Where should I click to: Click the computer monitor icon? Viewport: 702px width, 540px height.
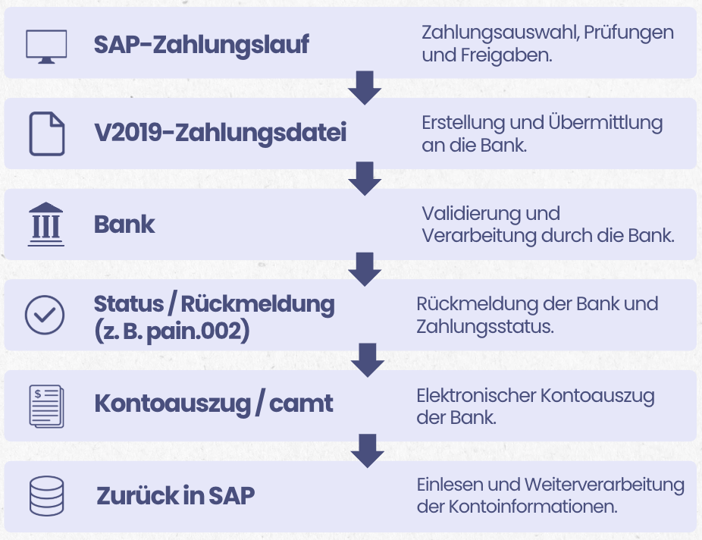46,46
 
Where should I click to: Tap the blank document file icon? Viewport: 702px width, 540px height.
46,134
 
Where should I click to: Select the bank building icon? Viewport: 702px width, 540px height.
46,224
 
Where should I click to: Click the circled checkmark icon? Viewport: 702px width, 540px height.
45,315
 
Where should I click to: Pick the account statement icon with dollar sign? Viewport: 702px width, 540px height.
46,406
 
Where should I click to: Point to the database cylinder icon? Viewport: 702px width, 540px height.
46,496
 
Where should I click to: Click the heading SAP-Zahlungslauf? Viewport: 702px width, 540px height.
201,45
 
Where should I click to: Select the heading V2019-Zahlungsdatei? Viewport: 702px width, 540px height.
221,133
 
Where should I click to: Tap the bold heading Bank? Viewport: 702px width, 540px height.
124,224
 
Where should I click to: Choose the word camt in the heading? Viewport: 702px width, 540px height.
301,403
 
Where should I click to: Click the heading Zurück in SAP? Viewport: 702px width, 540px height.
176,496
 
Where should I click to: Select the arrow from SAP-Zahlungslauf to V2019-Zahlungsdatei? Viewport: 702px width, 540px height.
365,88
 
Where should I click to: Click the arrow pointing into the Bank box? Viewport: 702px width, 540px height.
365,179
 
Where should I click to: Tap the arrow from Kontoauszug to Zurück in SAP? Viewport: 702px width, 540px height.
367,451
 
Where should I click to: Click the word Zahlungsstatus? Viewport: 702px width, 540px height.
485,327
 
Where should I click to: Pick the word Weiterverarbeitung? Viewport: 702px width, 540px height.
604,485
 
